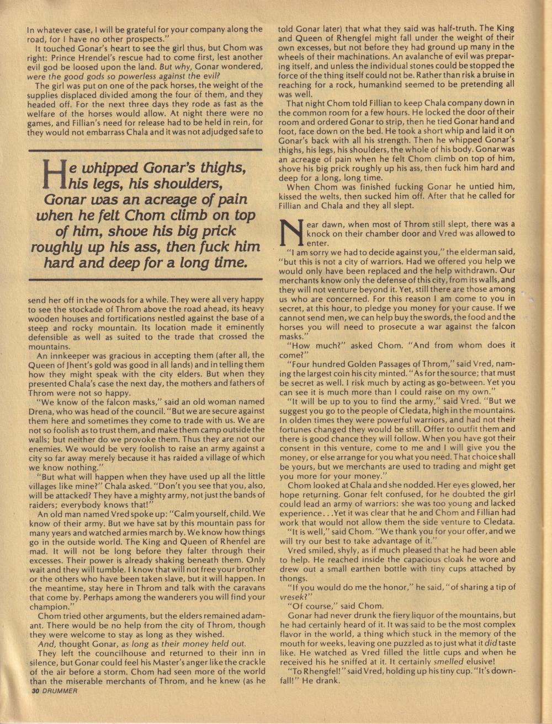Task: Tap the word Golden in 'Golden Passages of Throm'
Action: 361,364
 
